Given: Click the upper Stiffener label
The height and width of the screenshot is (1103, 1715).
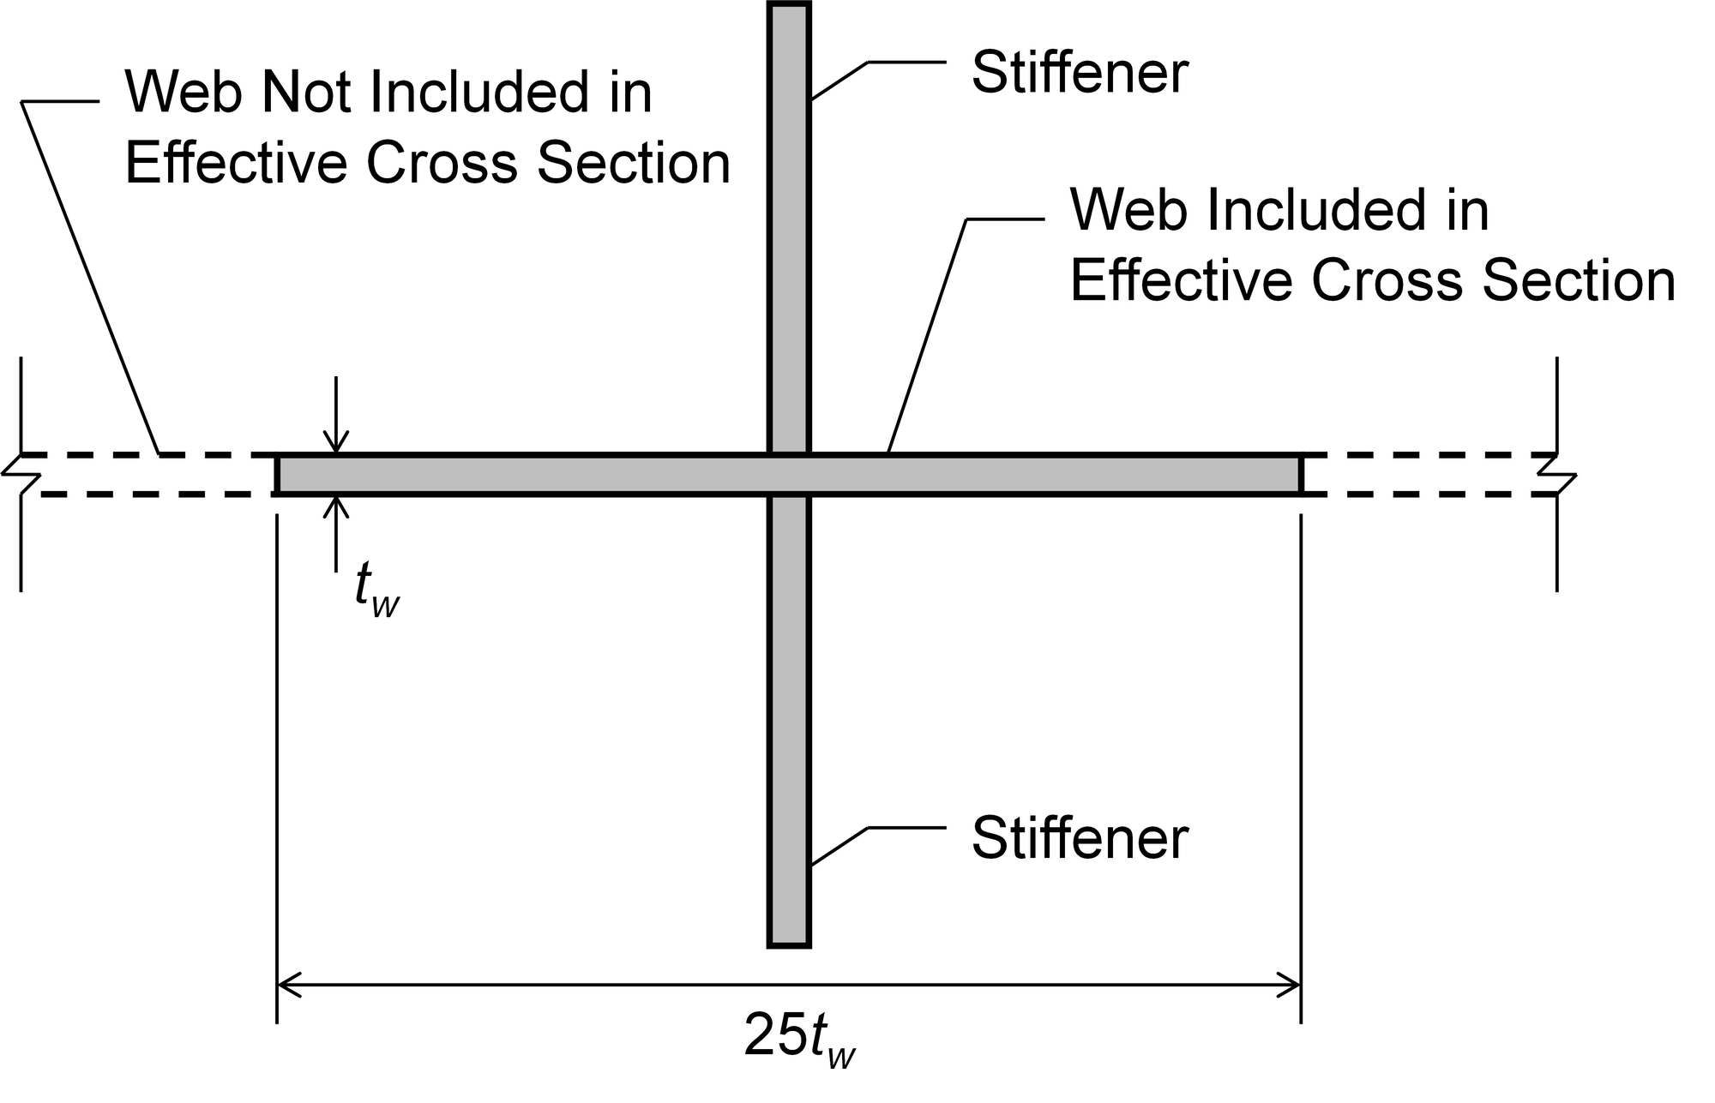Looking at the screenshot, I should pyautogui.click(x=1079, y=74).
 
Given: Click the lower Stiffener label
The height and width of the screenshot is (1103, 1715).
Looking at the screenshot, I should pyautogui.click(x=1079, y=838).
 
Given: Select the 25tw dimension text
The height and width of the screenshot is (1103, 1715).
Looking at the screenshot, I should pyautogui.click(x=799, y=1038).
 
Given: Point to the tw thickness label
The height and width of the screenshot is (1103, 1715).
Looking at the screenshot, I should pyautogui.click(x=376, y=592).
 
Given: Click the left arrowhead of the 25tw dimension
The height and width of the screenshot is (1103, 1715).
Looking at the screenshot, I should pyautogui.click(x=286, y=985).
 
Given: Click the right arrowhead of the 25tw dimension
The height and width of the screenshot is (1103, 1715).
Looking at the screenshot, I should pyautogui.click(x=1291, y=985).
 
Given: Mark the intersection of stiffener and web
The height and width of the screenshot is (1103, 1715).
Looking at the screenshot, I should pyautogui.click(x=789, y=475).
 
